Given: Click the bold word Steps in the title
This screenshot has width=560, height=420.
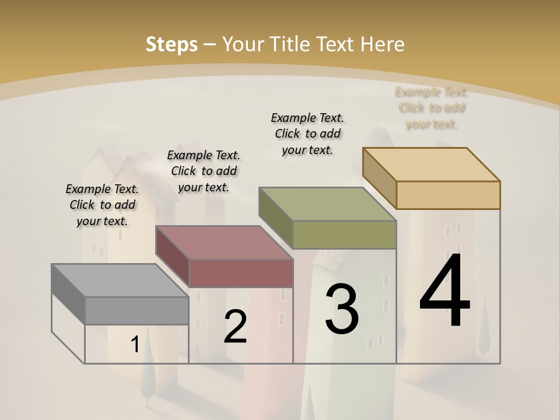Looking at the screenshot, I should [x=171, y=44].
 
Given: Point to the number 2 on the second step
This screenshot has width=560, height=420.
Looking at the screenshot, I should [x=235, y=327].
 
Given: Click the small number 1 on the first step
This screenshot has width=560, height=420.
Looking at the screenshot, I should [x=135, y=345].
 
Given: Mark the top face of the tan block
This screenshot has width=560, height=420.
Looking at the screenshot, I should [x=432, y=164].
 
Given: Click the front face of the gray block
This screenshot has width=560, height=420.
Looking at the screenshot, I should [x=137, y=311].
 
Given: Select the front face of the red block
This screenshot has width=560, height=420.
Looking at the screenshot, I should [x=241, y=273].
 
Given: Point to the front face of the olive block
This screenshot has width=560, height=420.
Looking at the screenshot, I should [x=345, y=235].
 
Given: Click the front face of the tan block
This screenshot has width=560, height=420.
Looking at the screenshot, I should [x=448, y=195].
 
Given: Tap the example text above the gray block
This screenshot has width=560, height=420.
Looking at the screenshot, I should [x=102, y=205].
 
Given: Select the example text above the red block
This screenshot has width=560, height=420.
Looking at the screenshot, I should [x=204, y=171].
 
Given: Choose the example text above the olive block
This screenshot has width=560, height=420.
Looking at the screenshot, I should [x=307, y=134].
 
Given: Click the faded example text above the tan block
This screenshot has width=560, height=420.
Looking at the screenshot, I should [x=432, y=108].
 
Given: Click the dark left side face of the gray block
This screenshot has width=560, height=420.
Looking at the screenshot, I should [x=68, y=295].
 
